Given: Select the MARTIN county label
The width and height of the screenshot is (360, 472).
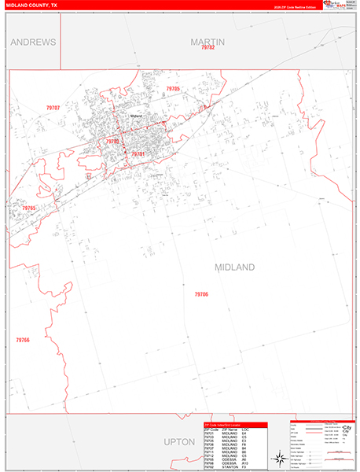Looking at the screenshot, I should pyautogui.click(x=208, y=41).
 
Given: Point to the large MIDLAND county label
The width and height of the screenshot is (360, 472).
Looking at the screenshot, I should pyautogui.click(x=234, y=267).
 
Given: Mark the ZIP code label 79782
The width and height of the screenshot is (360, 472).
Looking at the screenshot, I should pyautogui.click(x=208, y=48).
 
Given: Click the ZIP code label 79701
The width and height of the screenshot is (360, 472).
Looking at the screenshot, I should pyautogui.click(x=138, y=154).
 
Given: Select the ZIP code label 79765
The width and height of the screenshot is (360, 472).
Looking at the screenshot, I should pyautogui.click(x=28, y=208).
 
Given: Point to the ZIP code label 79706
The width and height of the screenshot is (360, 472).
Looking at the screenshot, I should pyautogui.click(x=201, y=293).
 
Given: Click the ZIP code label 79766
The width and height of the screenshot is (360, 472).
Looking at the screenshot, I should pyautogui.click(x=22, y=340).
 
